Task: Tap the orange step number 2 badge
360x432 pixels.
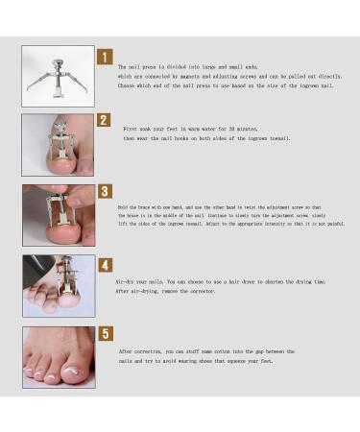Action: coord(104,122)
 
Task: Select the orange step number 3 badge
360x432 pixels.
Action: coord(104,192)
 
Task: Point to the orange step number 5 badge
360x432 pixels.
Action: coord(105,335)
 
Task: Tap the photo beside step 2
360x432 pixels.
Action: coord(58,145)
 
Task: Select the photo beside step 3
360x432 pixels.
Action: coord(58,215)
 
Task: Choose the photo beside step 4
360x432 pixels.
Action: coord(58,286)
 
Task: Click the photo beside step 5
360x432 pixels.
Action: coord(58,357)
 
